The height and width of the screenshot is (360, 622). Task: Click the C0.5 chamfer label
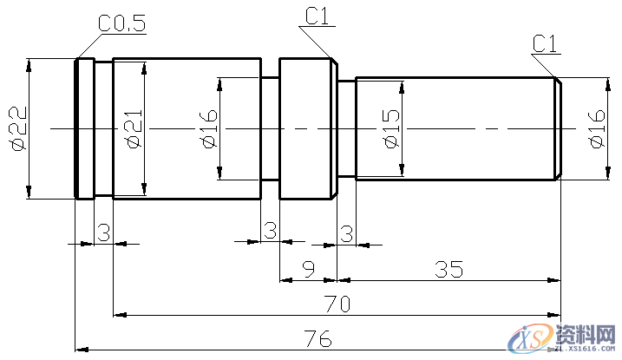121,25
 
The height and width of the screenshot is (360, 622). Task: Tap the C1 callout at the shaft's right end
546,43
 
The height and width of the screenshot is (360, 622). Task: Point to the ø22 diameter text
18,129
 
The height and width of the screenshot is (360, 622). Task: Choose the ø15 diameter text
390,129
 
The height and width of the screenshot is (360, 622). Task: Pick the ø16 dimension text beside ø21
208,129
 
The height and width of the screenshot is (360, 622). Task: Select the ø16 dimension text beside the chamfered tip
596,129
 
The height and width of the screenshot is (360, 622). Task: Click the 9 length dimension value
308,270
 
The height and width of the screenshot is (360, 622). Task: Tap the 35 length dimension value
448,270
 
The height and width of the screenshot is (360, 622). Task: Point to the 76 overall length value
318,337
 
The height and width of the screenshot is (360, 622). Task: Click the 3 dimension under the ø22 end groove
103,232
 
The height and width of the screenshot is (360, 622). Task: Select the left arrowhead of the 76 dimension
81,347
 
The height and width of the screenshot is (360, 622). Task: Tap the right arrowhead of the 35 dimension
553,280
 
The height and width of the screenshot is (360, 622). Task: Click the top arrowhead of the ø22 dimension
29,63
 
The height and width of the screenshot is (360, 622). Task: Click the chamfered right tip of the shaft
558,129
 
